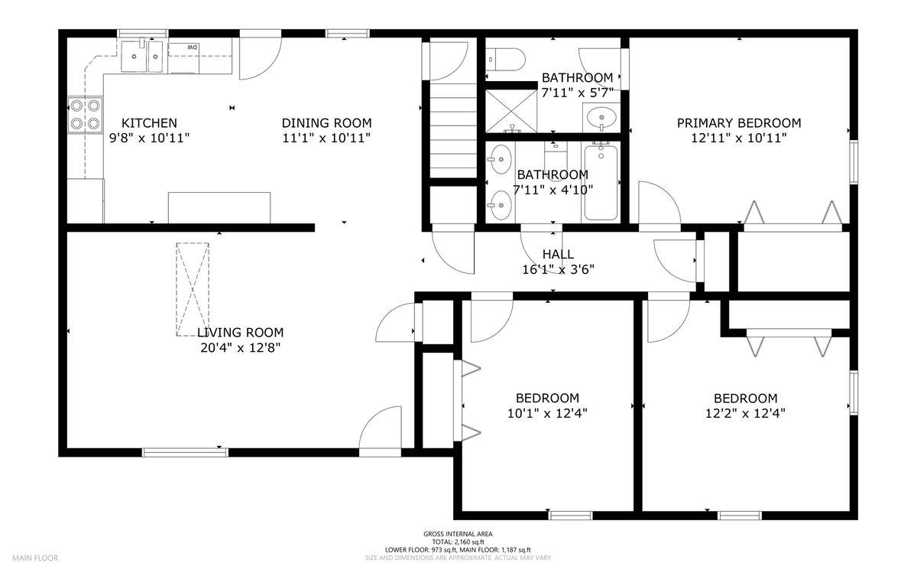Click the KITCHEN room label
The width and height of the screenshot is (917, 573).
coord(150,123)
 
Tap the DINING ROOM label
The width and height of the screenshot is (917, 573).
coord(326,123)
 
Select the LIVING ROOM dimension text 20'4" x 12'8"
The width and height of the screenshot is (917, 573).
coord(240,348)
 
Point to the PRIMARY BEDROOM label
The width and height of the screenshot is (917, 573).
coord(739,123)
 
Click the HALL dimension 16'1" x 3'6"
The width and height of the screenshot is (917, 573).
coord(558,269)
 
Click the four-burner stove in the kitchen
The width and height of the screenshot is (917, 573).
coord(84,114)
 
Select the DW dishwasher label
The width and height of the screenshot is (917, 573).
coord(193,48)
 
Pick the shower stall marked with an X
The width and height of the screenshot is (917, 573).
coord(511,109)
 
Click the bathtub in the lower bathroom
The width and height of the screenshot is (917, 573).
coord(601,182)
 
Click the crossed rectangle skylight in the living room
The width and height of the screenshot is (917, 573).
coord(193,289)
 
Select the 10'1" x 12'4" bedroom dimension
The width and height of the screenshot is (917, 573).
coord(547,413)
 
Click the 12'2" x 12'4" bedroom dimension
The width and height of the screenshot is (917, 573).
coord(745,413)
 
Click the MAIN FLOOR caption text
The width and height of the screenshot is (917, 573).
coord(34,558)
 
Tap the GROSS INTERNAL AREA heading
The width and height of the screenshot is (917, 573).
coord(458,534)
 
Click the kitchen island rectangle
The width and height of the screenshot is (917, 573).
coord(219,207)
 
